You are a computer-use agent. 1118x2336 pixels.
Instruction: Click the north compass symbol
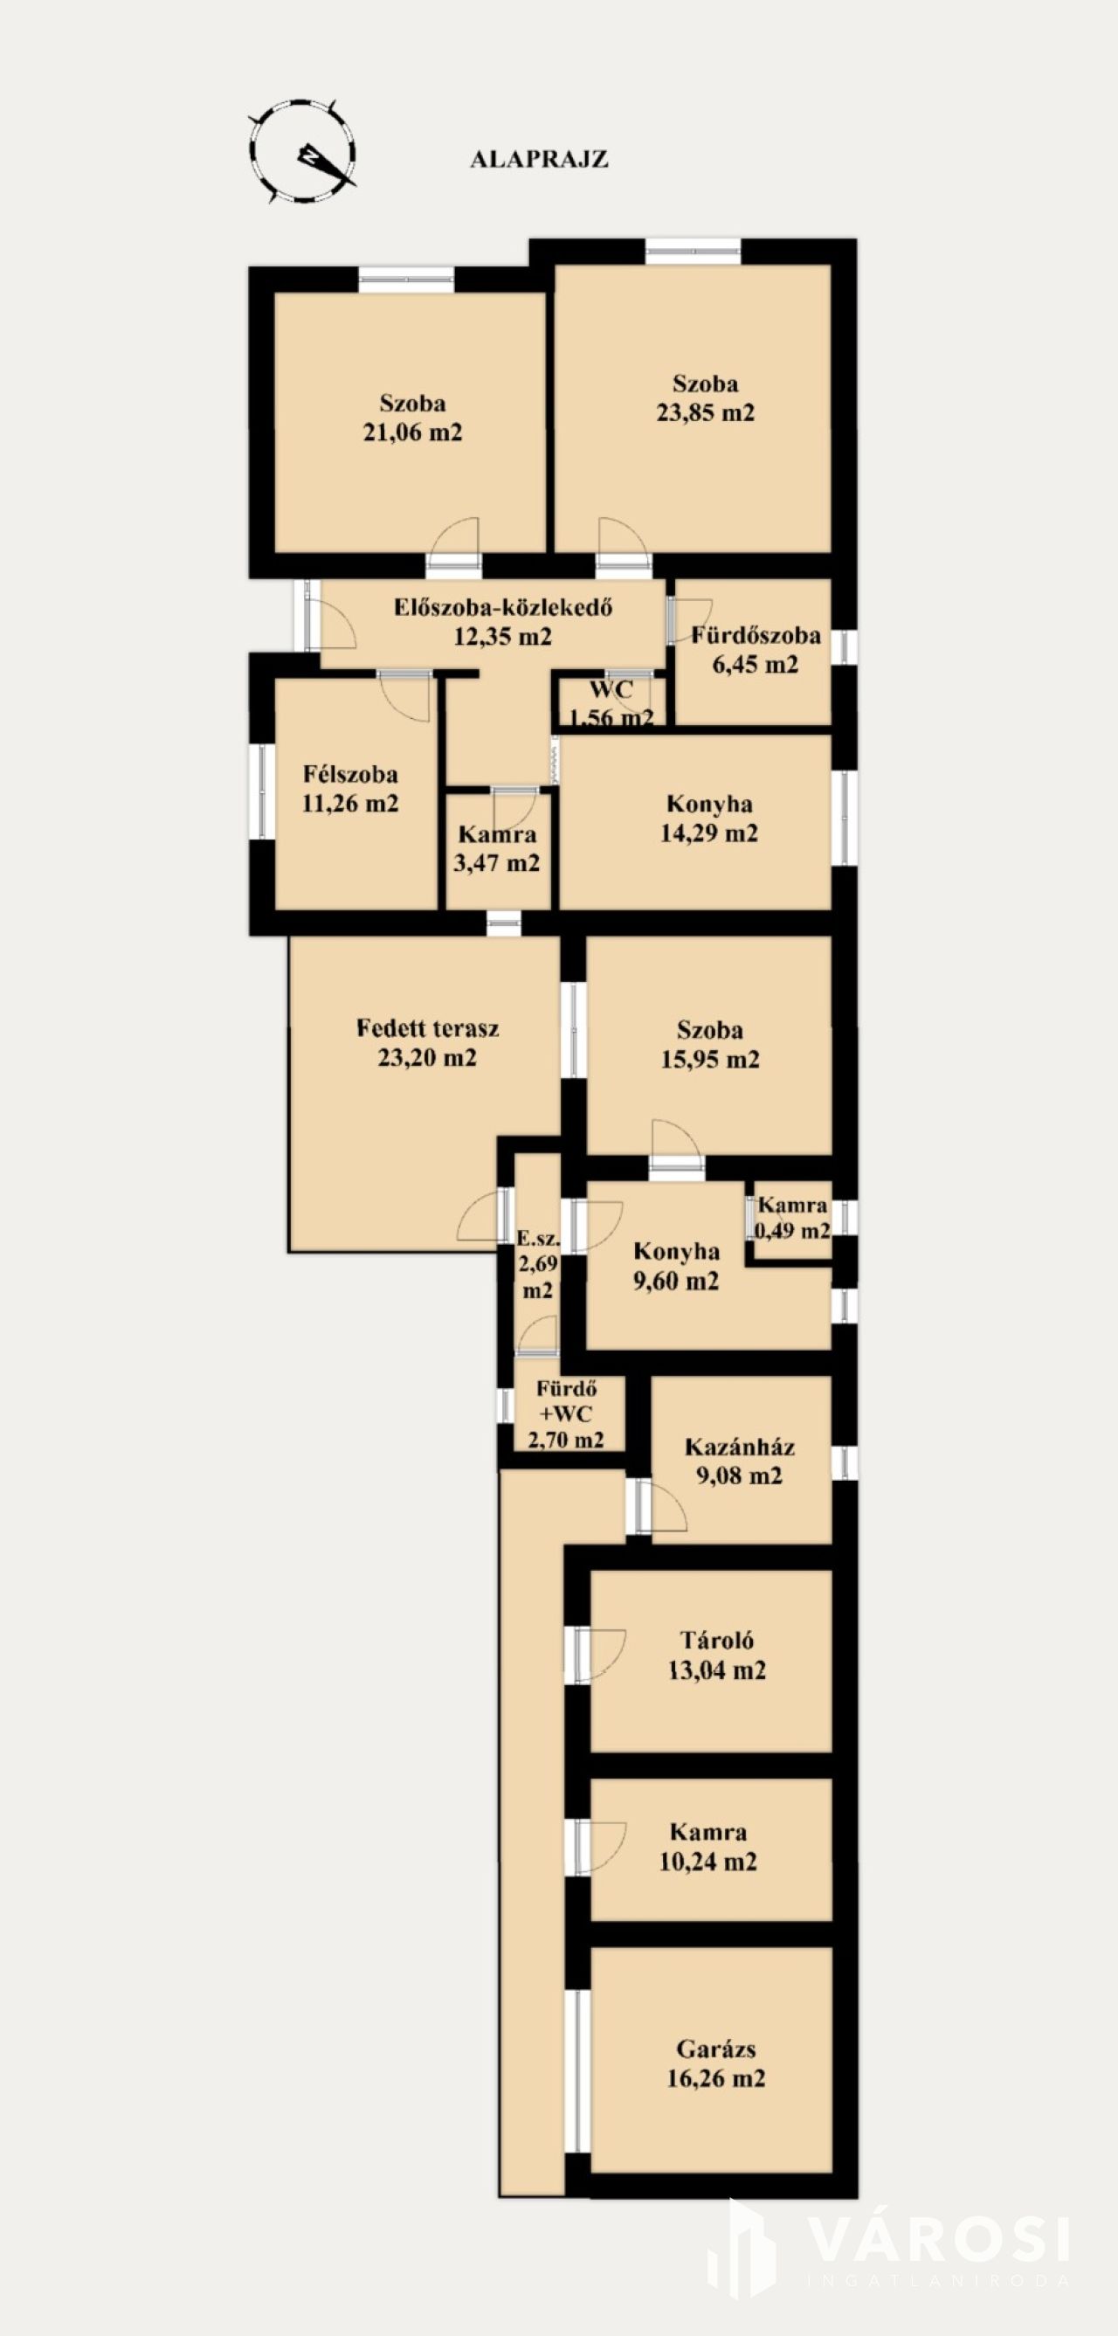point(303,151)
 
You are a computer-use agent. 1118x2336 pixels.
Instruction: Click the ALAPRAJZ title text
point(539,160)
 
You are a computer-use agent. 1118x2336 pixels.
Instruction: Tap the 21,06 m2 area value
point(412,432)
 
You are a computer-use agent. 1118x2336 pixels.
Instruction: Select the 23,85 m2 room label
point(706,412)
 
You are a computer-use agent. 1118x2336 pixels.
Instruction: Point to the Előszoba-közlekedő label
point(503,606)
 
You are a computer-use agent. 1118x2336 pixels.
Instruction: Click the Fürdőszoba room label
point(756,635)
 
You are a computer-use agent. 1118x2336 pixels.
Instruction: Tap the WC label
point(611,689)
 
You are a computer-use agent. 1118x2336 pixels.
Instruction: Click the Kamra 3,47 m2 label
point(497,848)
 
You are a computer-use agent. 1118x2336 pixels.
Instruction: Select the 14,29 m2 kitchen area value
point(709,833)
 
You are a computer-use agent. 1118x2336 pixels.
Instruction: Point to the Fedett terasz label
point(427,1028)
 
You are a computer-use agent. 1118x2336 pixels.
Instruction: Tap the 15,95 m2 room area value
point(710,1059)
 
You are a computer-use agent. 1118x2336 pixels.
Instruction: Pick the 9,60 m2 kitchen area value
point(676,1281)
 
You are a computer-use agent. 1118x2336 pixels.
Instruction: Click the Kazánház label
point(740,1446)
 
